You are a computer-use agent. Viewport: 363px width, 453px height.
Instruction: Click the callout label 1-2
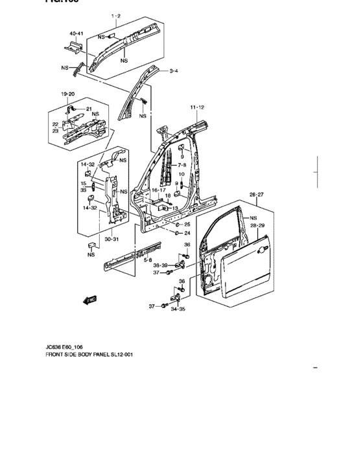pyautogui.click(x=116, y=15)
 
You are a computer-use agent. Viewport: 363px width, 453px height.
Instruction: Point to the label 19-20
pyautogui.click(x=68, y=94)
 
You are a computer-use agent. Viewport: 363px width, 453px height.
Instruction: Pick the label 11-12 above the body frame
pyautogui.click(x=197, y=106)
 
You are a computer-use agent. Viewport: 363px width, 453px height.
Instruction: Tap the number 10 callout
pyautogui.click(x=181, y=175)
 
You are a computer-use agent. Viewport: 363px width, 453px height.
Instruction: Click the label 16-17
pyautogui.click(x=159, y=190)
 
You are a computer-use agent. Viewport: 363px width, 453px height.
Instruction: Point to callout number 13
pyautogui.click(x=174, y=208)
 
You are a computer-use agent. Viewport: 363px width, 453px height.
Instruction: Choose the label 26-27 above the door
pyautogui.click(x=257, y=194)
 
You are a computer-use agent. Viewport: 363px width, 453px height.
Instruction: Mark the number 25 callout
pyautogui.click(x=187, y=224)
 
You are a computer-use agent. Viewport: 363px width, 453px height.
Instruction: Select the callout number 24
pyautogui.click(x=187, y=233)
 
